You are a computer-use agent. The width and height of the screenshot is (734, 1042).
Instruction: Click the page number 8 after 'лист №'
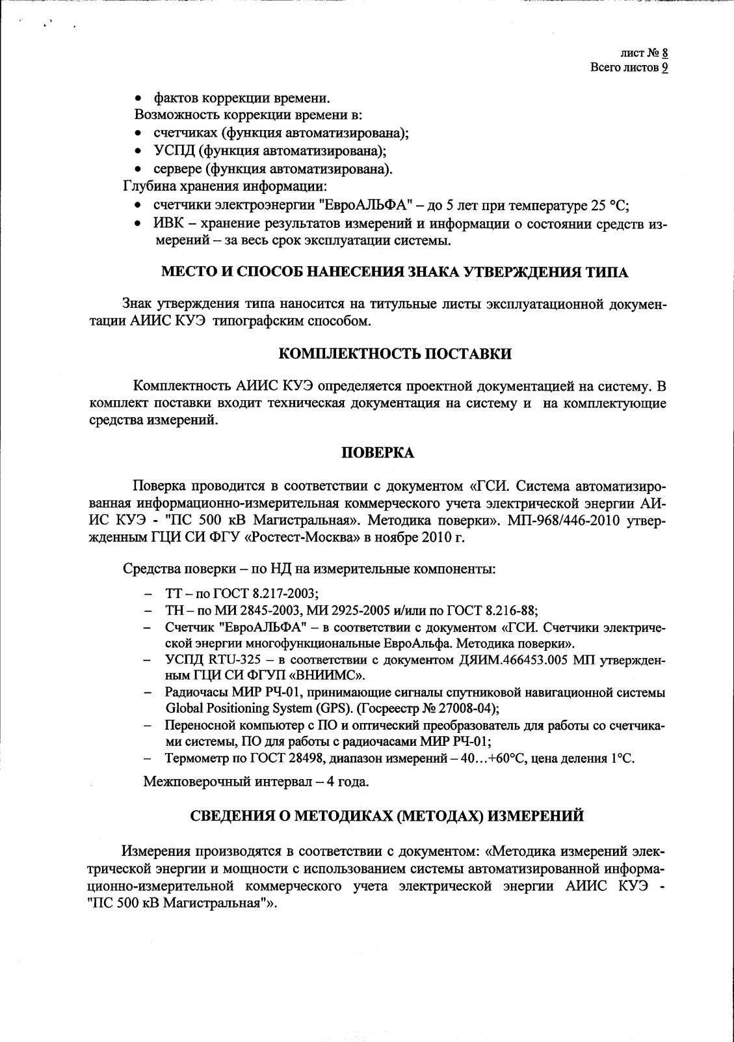(x=665, y=53)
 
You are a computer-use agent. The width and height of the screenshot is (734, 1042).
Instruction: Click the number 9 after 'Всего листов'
(x=665, y=68)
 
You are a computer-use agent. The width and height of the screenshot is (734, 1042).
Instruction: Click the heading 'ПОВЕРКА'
(x=378, y=453)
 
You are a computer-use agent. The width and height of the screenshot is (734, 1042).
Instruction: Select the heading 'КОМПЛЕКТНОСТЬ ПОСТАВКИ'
(x=395, y=354)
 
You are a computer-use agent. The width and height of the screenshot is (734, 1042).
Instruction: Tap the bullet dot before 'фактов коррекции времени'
(x=138, y=99)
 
